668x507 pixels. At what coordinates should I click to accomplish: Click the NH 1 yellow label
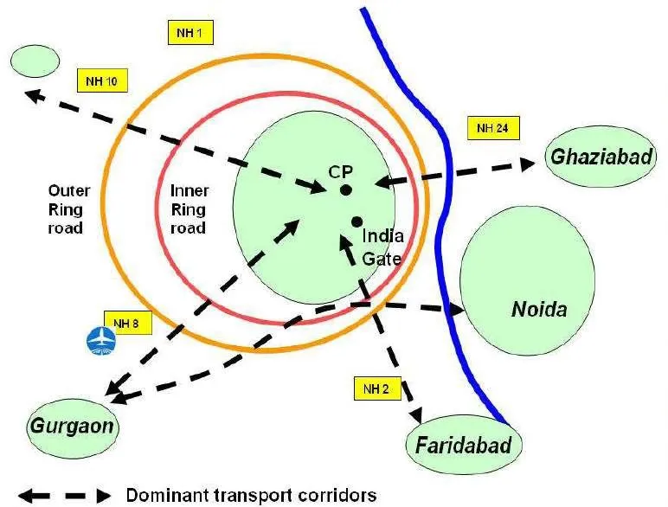pyautogui.click(x=189, y=34)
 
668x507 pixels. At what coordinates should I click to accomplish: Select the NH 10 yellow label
pyautogui.click(x=102, y=81)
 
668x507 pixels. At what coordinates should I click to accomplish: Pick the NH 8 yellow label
pyautogui.click(x=127, y=323)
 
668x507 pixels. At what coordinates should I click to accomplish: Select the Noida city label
pyautogui.click(x=538, y=309)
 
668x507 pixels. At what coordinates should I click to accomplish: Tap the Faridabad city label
pyautogui.click(x=463, y=446)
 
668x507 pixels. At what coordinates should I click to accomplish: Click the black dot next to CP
pyautogui.click(x=345, y=189)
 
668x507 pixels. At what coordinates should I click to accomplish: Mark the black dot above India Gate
pyautogui.click(x=356, y=221)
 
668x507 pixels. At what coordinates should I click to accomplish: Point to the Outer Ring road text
pyautogui.click(x=66, y=209)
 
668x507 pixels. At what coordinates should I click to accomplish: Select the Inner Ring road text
pyautogui.click(x=189, y=209)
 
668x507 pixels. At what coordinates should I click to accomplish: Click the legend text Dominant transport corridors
pyautogui.click(x=251, y=495)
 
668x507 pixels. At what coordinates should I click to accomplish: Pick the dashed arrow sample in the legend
pyautogui.click(x=66, y=496)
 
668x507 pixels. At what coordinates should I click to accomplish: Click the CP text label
pyautogui.click(x=340, y=171)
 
